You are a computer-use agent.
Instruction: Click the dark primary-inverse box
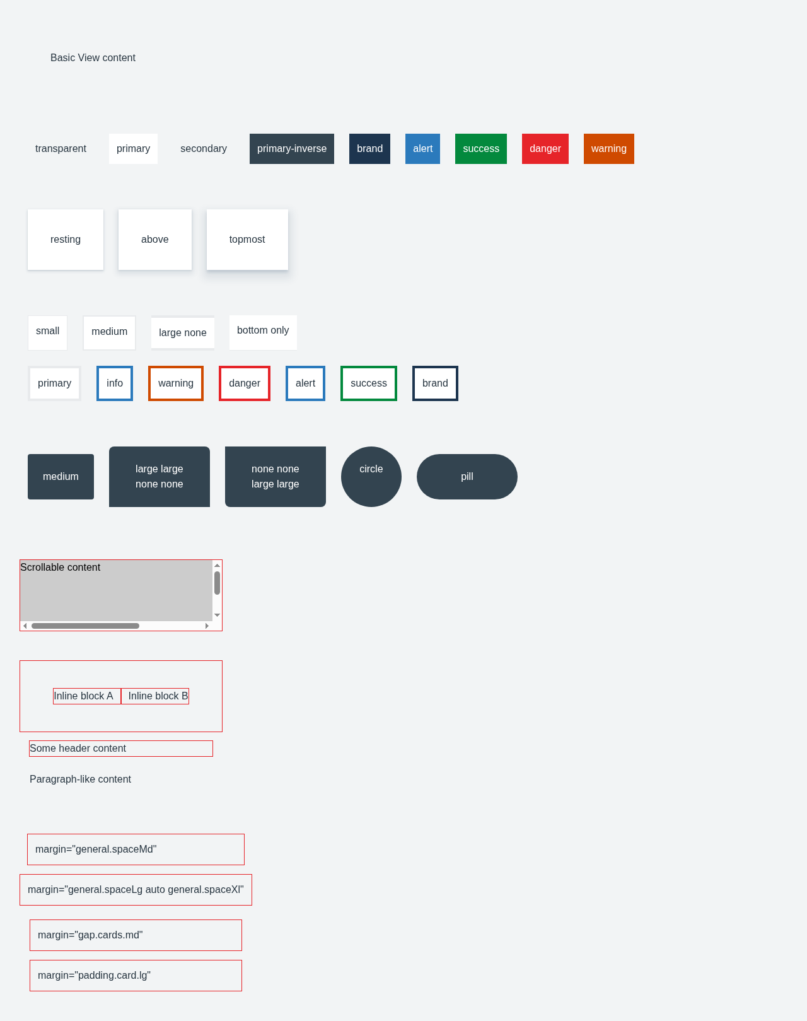click(x=292, y=148)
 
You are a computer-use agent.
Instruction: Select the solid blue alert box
click(x=422, y=148)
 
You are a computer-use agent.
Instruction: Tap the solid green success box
click(x=480, y=148)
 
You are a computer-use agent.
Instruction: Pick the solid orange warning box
click(x=608, y=148)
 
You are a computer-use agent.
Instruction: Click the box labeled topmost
click(x=247, y=240)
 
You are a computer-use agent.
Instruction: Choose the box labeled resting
click(x=66, y=240)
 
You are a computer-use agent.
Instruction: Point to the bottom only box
click(x=263, y=332)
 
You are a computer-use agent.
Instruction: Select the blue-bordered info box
click(x=115, y=383)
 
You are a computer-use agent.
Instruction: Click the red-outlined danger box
click(x=245, y=383)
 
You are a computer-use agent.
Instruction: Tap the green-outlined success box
click(x=369, y=383)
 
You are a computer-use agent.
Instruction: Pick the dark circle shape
click(x=371, y=476)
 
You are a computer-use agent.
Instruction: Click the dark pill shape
click(x=467, y=476)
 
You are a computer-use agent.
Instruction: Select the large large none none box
click(x=160, y=476)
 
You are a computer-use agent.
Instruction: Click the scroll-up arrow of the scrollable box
click(x=218, y=566)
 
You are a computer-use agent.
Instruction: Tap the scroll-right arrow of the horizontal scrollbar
click(x=207, y=626)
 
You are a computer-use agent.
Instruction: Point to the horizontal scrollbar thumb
click(x=85, y=626)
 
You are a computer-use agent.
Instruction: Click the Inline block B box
click(x=155, y=696)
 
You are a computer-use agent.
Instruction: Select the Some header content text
click(x=78, y=748)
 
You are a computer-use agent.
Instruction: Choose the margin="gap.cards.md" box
click(x=136, y=935)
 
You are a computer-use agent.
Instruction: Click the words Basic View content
click(x=93, y=58)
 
